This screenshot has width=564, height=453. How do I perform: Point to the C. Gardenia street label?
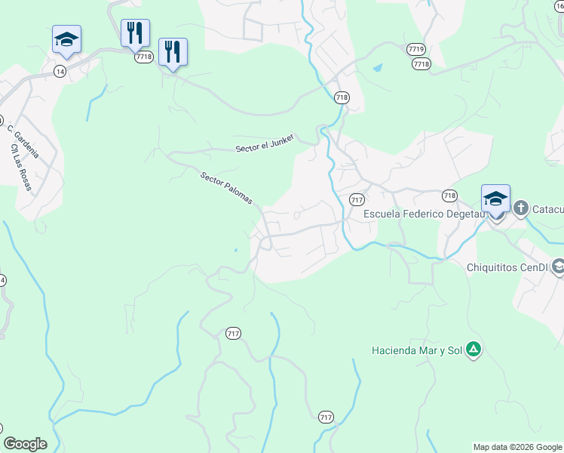22,141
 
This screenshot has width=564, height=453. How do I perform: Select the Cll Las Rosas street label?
21,168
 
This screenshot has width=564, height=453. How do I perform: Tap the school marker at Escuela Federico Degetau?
495,199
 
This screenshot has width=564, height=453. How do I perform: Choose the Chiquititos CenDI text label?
508,267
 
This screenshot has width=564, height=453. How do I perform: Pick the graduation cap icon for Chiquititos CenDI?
558,267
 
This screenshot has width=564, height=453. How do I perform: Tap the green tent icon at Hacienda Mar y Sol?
473,350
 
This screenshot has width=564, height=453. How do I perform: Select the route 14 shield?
60,70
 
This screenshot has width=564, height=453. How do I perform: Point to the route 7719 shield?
415,49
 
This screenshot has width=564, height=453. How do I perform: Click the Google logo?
25,444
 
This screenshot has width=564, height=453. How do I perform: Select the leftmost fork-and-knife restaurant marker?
135,33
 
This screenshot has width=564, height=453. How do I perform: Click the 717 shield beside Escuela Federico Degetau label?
357,199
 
